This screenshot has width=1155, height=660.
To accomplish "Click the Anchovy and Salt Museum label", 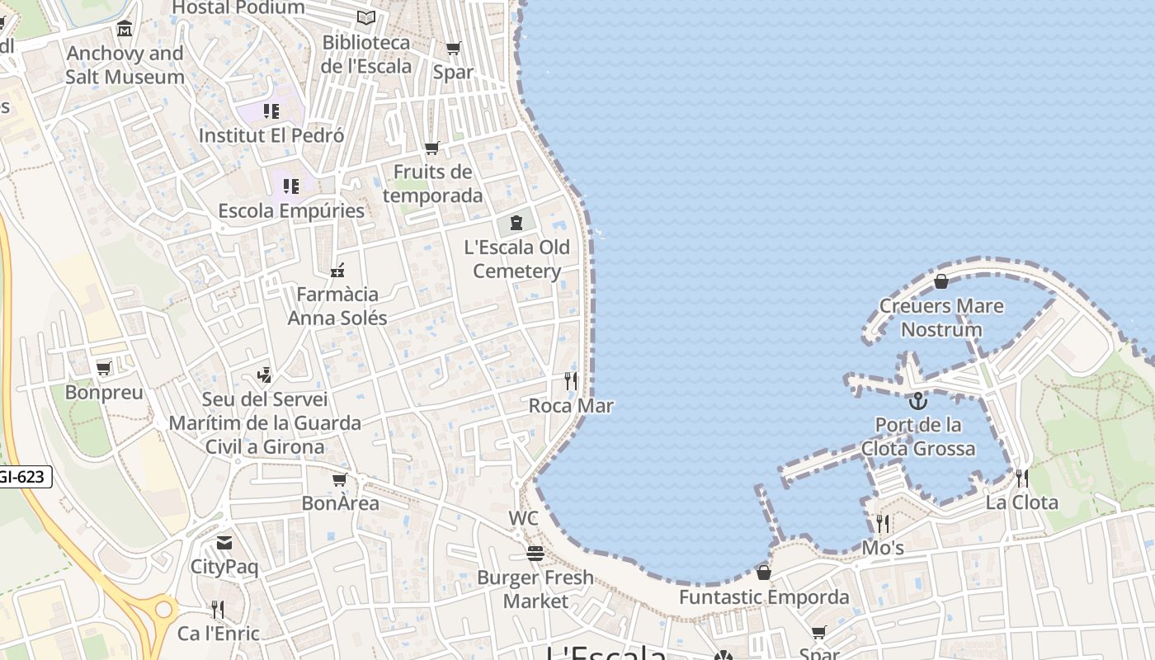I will [125, 65].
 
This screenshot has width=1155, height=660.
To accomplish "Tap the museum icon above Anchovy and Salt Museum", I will [125, 29].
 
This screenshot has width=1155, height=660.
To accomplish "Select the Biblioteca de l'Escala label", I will [366, 54].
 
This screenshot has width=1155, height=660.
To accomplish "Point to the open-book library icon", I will [366, 17].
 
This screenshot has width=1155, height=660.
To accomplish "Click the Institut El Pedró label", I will [271, 135].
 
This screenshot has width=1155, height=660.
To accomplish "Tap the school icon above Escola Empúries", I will [290, 186].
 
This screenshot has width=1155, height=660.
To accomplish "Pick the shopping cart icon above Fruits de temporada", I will [432, 148].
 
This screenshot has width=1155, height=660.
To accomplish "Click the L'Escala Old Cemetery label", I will [517, 259].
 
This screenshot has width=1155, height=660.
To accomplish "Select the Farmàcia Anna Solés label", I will [337, 306].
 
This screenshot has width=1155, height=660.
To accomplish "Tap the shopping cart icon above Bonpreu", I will [104, 368].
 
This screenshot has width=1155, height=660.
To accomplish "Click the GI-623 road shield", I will [23, 476].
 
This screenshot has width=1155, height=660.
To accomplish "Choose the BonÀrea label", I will [340, 503].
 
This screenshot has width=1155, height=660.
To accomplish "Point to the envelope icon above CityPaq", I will [224, 543].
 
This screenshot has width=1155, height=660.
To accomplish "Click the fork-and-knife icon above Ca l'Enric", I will [218, 610].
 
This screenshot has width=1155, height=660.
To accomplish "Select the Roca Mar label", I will [571, 406].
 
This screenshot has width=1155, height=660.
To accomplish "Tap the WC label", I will [523, 518].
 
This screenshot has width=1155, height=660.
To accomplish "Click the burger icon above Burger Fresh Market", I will [535, 553].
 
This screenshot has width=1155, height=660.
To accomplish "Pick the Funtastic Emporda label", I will [764, 597].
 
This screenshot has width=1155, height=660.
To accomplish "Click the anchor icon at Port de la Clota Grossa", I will [917, 402].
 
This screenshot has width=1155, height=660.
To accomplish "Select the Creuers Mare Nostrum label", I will [941, 318].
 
